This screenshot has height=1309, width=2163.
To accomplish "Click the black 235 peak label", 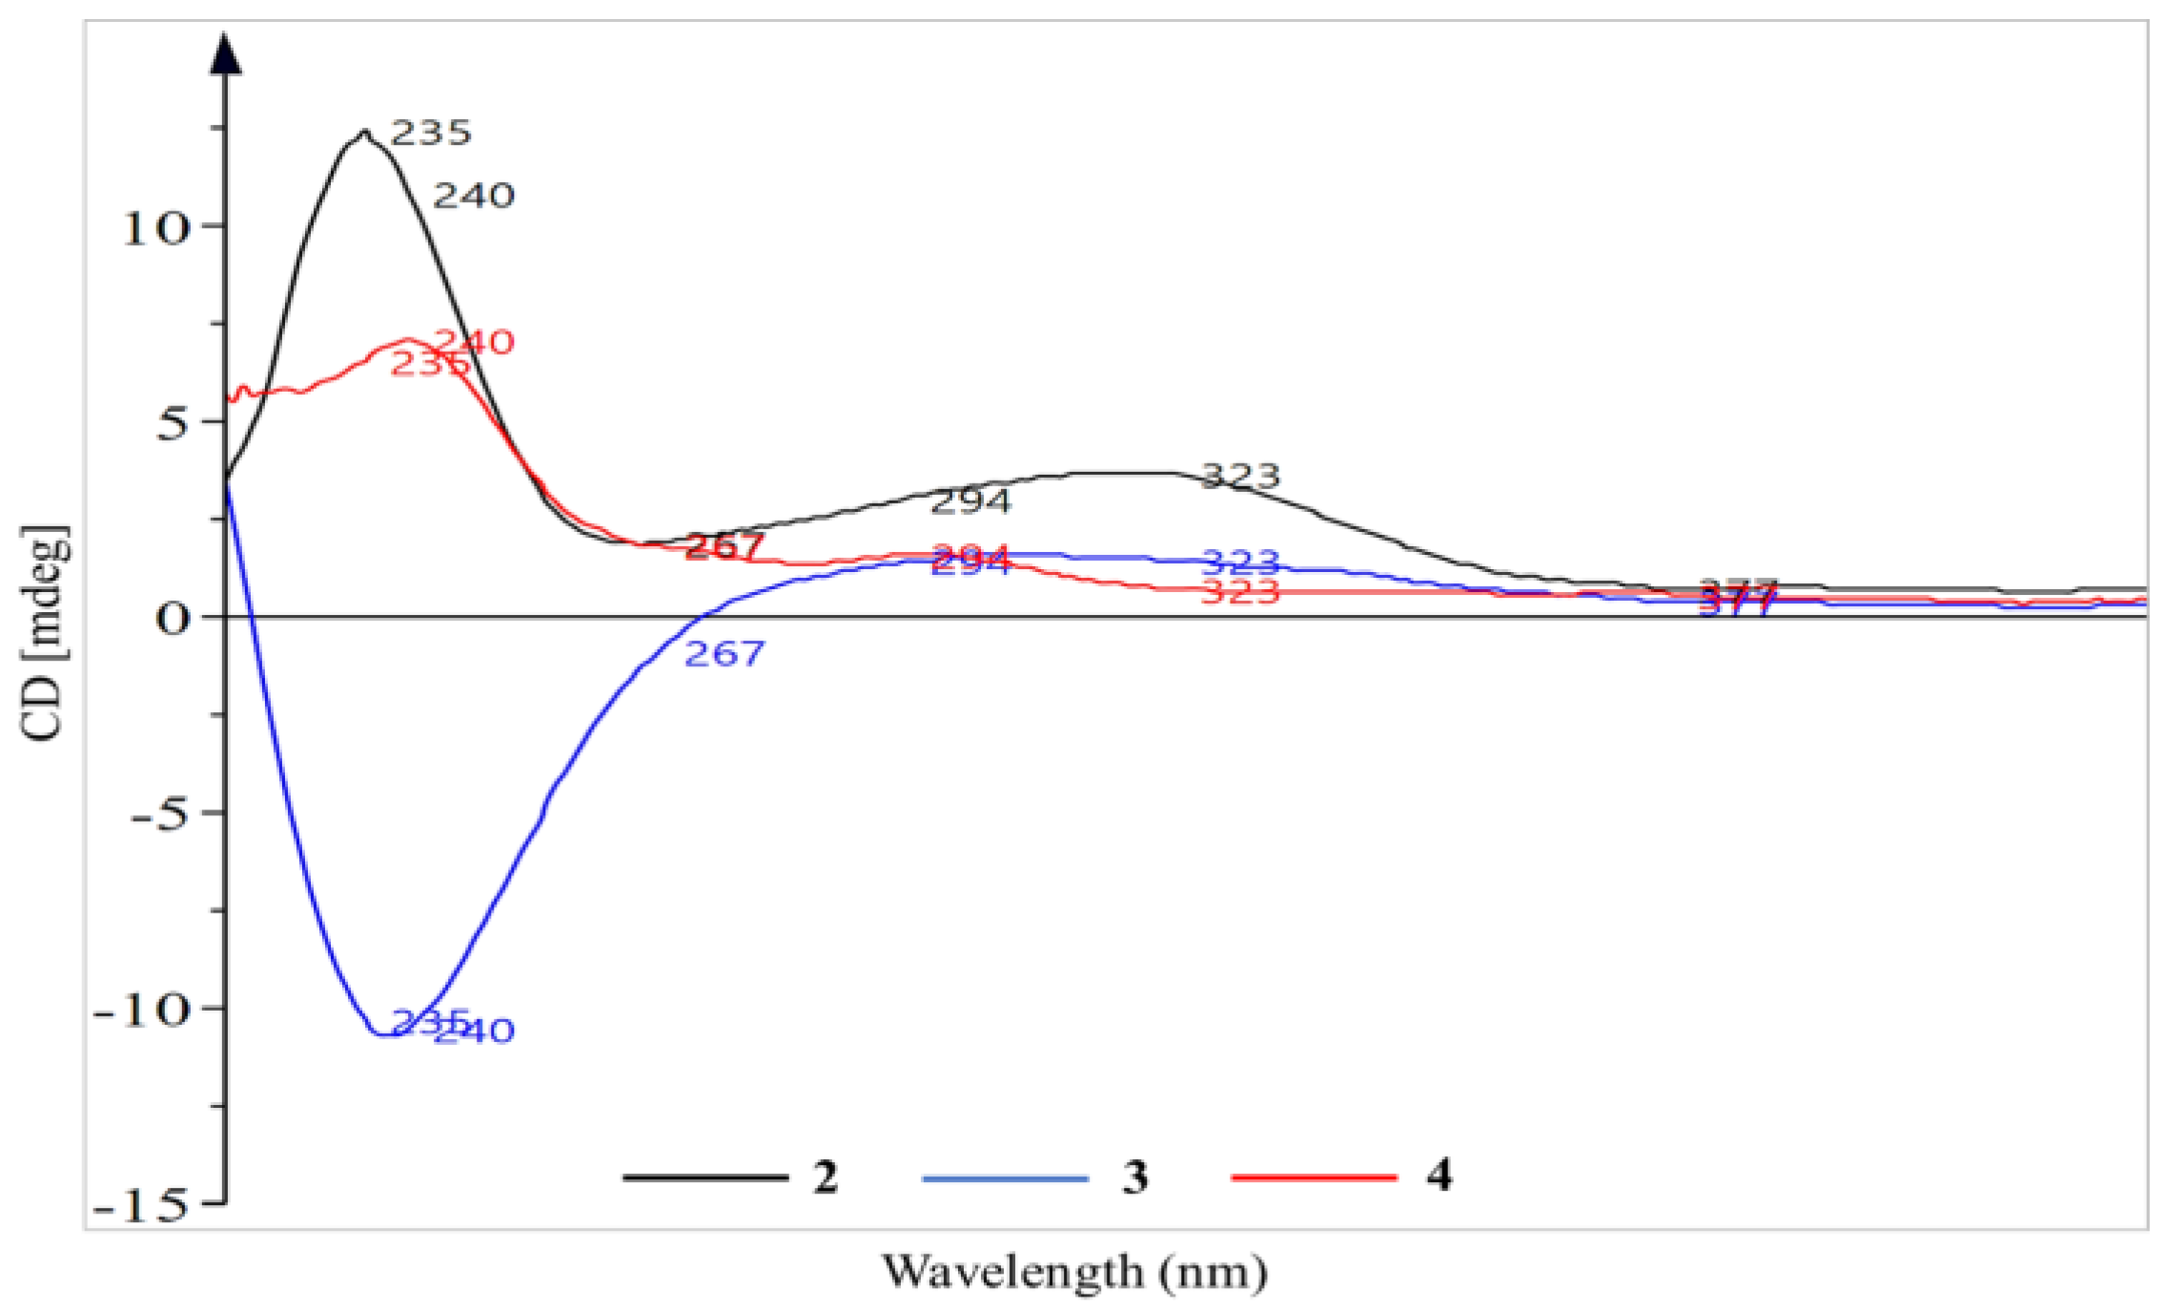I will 431,133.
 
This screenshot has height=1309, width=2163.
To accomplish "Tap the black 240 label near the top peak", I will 474,196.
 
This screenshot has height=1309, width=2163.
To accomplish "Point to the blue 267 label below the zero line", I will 724,654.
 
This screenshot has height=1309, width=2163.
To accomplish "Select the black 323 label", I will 1239,475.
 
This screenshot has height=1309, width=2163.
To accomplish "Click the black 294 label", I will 969,501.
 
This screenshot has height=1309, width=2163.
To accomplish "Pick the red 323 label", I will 1239,593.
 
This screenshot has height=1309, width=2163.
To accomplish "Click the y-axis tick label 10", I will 155,229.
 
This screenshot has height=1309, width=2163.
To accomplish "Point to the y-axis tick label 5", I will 173,424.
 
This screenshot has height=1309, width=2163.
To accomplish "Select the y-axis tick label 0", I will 173,620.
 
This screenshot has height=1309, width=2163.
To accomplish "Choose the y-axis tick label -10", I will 142,1012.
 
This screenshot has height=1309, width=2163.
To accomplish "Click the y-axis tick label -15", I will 142,1207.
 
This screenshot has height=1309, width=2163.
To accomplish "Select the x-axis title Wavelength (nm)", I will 1074,1272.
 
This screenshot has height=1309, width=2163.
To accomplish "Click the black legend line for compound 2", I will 705,1177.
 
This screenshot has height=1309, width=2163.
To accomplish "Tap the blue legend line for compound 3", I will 1005,1178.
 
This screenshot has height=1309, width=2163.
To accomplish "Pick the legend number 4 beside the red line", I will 1439,1176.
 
